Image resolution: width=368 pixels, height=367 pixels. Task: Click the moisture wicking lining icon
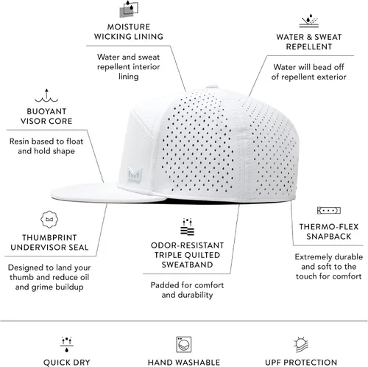(x=129, y=9)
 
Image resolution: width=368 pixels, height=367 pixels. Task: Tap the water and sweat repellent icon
(x=309, y=21)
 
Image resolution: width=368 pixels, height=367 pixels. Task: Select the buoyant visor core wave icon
(x=46, y=96)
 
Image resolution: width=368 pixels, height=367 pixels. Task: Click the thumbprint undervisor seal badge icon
(x=49, y=220)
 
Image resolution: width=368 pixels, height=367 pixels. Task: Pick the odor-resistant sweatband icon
(x=187, y=227)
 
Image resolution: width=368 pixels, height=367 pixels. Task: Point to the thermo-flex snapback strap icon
(x=329, y=211)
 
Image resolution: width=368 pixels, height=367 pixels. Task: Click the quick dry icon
(x=66, y=344)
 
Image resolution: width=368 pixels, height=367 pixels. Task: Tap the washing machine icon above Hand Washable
(x=184, y=344)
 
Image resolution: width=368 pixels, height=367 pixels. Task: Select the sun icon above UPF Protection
(x=301, y=345)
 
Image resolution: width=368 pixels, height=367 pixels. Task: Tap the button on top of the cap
(x=213, y=87)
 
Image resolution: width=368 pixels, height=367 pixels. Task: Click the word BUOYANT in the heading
(x=46, y=111)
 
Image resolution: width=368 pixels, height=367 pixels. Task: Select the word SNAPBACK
(x=329, y=237)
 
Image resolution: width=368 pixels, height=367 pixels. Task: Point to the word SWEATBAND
(x=187, y=265)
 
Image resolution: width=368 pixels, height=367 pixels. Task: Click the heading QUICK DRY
(x=66, y=363)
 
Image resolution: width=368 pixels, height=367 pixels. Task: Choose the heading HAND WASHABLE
(x=184, y=363)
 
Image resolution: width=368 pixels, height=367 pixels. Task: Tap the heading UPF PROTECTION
(x=301, y=363)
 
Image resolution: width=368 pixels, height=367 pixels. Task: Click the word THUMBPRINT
(x=49, y=237)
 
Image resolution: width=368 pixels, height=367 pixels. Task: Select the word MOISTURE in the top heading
(x=129, y=27)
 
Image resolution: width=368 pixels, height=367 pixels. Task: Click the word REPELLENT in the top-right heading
(x=309, y=46)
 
